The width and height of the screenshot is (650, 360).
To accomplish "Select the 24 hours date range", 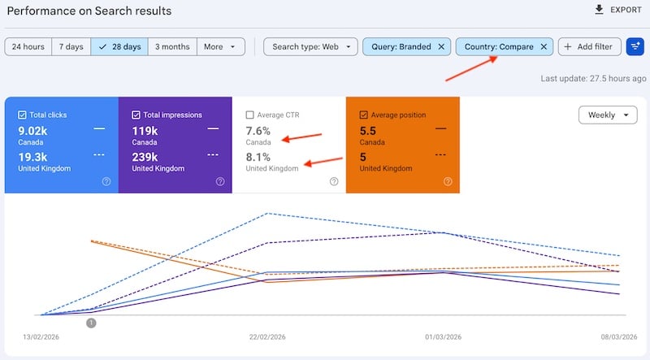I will click(x=28, y=47).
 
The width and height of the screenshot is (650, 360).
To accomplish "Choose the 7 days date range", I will click(x=71, y=47).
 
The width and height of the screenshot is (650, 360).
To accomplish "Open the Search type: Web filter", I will click(x=310, y=47).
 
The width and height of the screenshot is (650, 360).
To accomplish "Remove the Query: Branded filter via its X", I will click(x=441, y=47).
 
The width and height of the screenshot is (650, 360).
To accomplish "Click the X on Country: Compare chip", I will click(x=544, y=47).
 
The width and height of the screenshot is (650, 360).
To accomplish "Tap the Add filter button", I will click(x=590, y=47).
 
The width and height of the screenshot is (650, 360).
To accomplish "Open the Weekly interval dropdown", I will click(x=608, y=115).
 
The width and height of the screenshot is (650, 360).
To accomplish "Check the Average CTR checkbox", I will click(x=250, y=115).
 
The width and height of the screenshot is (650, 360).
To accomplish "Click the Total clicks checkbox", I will click(x=22, y=115).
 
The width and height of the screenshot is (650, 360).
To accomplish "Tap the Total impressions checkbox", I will click(x=136, y=115).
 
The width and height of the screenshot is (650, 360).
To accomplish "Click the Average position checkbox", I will click(x=363, y=115).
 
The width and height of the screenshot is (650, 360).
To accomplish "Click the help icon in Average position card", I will click(x=448, y=181).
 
